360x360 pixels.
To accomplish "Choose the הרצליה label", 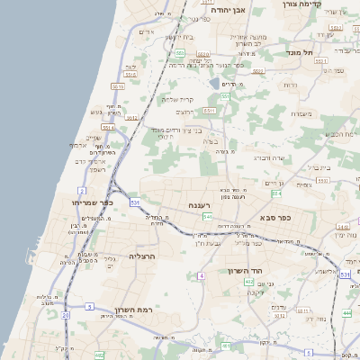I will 143,256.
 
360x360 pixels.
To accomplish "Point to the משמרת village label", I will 301,113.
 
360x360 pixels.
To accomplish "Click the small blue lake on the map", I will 214,84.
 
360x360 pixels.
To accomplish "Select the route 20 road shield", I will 66,315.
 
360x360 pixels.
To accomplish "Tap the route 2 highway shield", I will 82,191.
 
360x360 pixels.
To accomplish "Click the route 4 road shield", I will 202,274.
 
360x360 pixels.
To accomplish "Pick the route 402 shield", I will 249,282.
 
